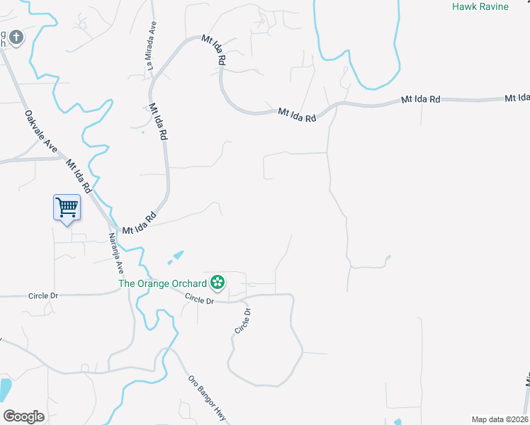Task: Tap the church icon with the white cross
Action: (x=16, y=37)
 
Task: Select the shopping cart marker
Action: (x=67, y=208)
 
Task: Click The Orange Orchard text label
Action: (x=162, y=283)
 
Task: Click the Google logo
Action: (x=24, y=416)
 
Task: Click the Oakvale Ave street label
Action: (x=40, y=131)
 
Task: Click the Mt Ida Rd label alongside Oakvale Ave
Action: (x=79, y=176)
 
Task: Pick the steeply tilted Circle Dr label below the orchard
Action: (x=244, y=321)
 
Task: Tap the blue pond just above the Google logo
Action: (x=4, y=389)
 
